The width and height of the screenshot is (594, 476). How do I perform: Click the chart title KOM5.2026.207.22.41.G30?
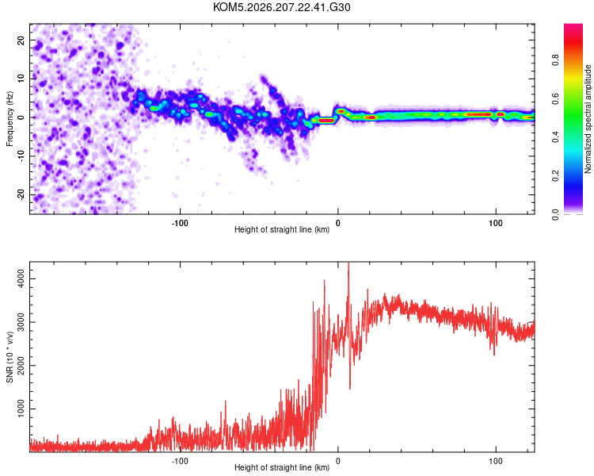coord(281,7)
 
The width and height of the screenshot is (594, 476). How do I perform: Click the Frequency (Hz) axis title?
coord(10,119)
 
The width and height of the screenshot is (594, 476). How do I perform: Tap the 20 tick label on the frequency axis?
coord(21,40)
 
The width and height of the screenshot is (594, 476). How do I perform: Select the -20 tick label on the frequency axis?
coord(21,194)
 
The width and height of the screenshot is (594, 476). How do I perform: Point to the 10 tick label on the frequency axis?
coord(21,79)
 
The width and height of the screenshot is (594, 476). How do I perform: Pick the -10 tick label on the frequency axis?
coord(21,156)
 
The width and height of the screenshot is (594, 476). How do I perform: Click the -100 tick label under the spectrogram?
coord(180,223)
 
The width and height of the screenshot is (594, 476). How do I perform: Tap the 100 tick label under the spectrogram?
coord(496,223)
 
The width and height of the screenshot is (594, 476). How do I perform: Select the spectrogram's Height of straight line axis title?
coord(282,229)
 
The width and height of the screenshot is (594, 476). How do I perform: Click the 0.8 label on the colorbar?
coord(555,60)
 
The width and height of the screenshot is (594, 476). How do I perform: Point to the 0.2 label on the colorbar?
coord(555,176)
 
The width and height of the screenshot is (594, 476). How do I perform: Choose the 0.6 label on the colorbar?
coord(555,98)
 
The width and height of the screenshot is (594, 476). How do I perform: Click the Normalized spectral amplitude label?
coord(588,119)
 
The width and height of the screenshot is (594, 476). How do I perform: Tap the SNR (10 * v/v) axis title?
coord(10,357)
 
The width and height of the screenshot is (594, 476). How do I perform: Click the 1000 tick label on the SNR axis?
coord(21,409)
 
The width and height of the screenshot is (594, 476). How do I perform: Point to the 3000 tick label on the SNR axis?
coord(21,322)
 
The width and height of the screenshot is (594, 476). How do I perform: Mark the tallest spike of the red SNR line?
coord(348,263)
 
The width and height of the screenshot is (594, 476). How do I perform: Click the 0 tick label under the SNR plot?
coord(338,461)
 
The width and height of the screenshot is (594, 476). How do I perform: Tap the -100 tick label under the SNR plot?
coord(180,461)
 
